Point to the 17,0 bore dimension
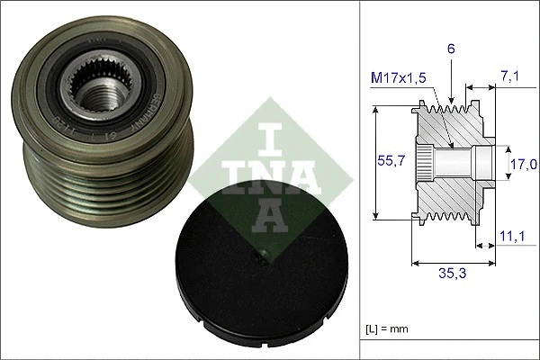[x=523, y=164]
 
